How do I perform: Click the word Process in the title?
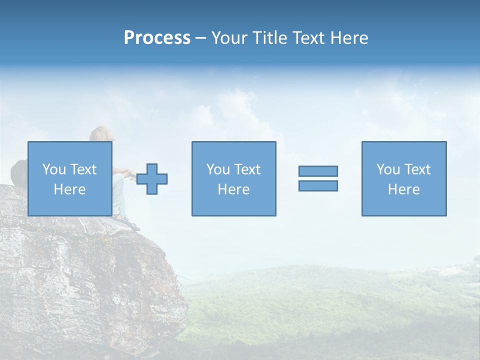[x=157, y=38]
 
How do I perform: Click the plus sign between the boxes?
[x=152, y=179]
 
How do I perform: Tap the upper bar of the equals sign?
[x=318, y=171]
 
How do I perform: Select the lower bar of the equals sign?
[x=318, y=186]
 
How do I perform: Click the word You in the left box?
[x=54, y=169]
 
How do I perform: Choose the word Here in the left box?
[x=69, y=189]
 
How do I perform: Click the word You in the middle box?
[x=218, y=169]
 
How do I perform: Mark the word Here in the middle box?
[x=233, y=189]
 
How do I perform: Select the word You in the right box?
[x=388, y=169]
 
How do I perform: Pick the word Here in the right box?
[x=403, y=189]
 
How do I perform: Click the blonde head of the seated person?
[x=101, y=133]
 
